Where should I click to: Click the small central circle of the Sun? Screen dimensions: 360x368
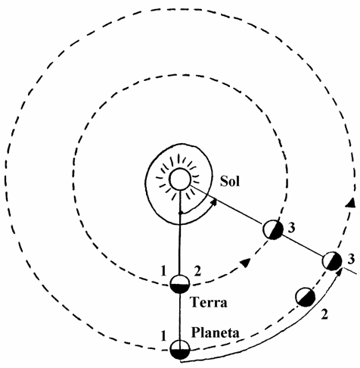click(x=180, y=179)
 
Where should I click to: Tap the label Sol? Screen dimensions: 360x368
click(x=230, y=181)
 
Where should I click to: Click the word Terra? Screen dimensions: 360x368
click(x=209, y=302)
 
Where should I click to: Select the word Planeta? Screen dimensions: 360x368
click(x=215, y=332)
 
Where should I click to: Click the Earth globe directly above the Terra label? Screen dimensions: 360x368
click(x=180, y=284)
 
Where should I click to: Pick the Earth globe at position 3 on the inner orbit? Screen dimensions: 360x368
click(x=273, y=229)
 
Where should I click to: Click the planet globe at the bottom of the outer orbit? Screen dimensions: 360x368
click(x=180, y=350)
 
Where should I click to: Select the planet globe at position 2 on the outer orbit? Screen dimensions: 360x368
click(x=306, y=297)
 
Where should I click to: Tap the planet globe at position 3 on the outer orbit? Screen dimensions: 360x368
click(x=332, y=261)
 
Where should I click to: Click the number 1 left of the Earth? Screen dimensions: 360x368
click(x=163, y=272)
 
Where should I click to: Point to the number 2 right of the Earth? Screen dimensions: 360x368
click(x=197, y=272)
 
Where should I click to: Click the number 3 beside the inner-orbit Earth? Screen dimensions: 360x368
click(x=291, y=228)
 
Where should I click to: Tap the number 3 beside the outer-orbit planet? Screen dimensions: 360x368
click(x=351, y=259)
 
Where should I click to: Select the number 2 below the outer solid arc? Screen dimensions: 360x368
click(x=324, y=314)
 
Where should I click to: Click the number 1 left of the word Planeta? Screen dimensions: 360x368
click(x=163, y=336)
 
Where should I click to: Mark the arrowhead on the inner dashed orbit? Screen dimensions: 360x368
click(x=245, y=262)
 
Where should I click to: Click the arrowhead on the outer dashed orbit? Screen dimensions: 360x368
click(x=350, y=203)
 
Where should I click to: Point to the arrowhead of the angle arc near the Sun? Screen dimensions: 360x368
click(x=214, y=202)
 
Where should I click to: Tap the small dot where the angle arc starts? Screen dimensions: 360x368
click(x=180, y=214)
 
